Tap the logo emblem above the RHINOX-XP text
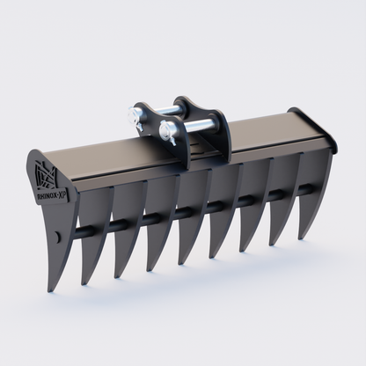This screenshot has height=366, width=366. click(46, 173)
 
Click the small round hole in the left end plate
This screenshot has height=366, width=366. click(58, 236)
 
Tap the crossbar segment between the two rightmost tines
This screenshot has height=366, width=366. click(304, 188)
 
